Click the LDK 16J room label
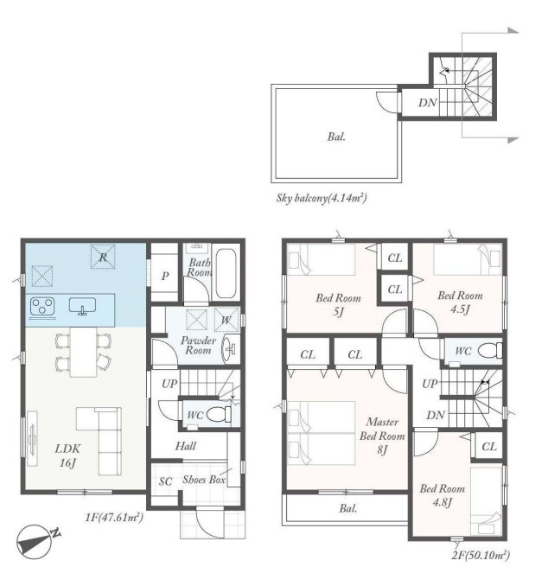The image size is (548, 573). click(68, 455)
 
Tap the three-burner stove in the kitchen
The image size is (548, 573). click(42, 306)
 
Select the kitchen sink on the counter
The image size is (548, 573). click(83, 305)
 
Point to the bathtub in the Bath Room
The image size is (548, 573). click(226, 274)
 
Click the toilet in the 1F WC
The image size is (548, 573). click(219, 414)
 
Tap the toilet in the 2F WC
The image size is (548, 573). click(490, 351)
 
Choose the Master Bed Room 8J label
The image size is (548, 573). click(382, 436)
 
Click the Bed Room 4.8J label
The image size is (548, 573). click(443, 495)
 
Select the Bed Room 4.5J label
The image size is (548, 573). click(460, 302)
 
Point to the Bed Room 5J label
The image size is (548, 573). click(338, 305)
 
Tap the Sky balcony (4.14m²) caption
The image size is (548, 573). click(322, 198)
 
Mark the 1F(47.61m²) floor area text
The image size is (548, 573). click(114, 517)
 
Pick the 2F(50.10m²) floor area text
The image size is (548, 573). click(481, 555)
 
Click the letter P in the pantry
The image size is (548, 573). click(165, 276)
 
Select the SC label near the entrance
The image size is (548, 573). click(165, 481)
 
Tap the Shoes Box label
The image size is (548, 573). click(204, 480)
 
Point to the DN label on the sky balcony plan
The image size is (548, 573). click(428, 102)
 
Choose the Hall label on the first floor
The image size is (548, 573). click(186, 446)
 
